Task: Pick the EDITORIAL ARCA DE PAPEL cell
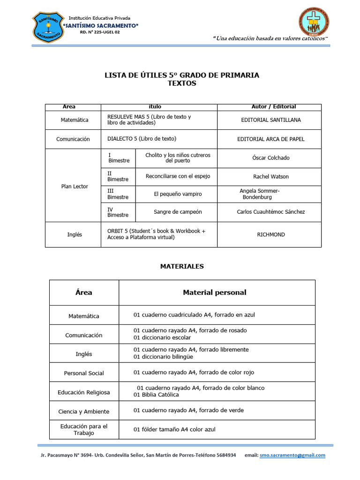click(x=271, y=139)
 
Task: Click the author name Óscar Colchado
click(x=271, y=158)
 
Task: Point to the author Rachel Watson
click(x=271, y=177)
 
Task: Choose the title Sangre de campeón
click(x=178, y=212)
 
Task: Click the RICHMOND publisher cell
click(x=271, y=234)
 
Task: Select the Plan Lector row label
click(x=75, y=186)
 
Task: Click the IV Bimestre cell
click(x=118, y=212)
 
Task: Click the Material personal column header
click(x=214, y=292)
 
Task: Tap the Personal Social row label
click(x=84, y=373)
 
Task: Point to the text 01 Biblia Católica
click(x=156, y=395)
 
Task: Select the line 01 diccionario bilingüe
click(x=163, y=357)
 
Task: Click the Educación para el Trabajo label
click(x=84, y=429)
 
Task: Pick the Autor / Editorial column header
click(x=274, y=107)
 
